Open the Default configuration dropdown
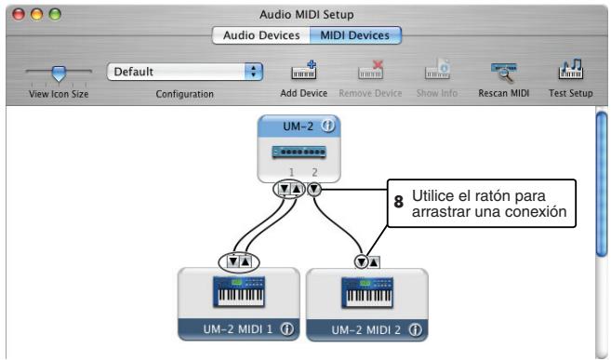tap(186, 71)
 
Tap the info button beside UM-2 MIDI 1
tap(287, 328)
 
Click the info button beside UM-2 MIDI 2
tap(415, 328)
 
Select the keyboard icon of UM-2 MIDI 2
tap(366, 293)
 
